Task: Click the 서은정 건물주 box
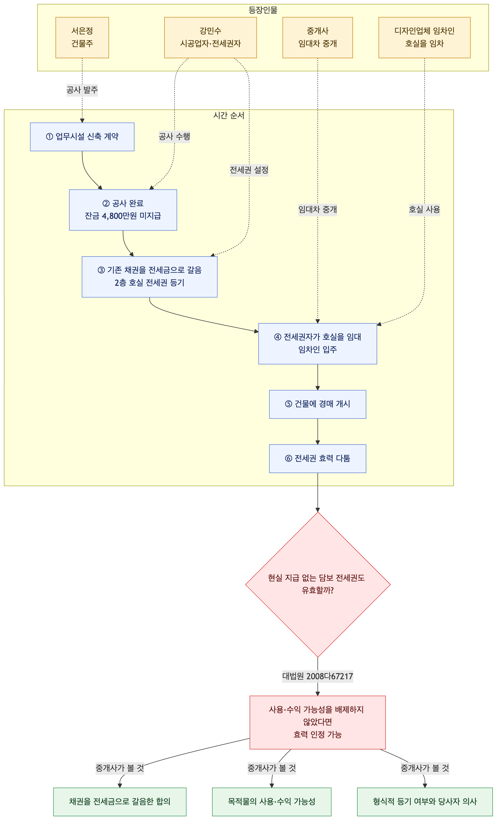pos(82,38)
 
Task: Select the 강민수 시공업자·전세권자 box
pos(210,38)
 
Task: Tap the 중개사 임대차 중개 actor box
pos(318,38)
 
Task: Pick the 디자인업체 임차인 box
pos(424,38)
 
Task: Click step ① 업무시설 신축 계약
pos(82,137)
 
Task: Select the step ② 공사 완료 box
pos(123,210)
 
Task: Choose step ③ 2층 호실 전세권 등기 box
pos(149,277)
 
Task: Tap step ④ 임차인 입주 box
pos(318,344)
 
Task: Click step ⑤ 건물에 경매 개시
pos(318,405)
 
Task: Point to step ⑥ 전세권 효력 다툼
pos(318,459)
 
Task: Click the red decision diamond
pos(318,584)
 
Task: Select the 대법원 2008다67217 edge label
pos(318,676)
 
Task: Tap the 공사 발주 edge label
pos(82,90)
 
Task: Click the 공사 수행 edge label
pos(174,137)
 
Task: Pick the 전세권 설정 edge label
pos(249,170)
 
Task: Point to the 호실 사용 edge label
pos(424,210)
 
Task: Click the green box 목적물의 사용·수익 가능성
pos(272,802)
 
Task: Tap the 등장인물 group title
pos(263,10)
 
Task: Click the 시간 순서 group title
pos(229,115)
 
